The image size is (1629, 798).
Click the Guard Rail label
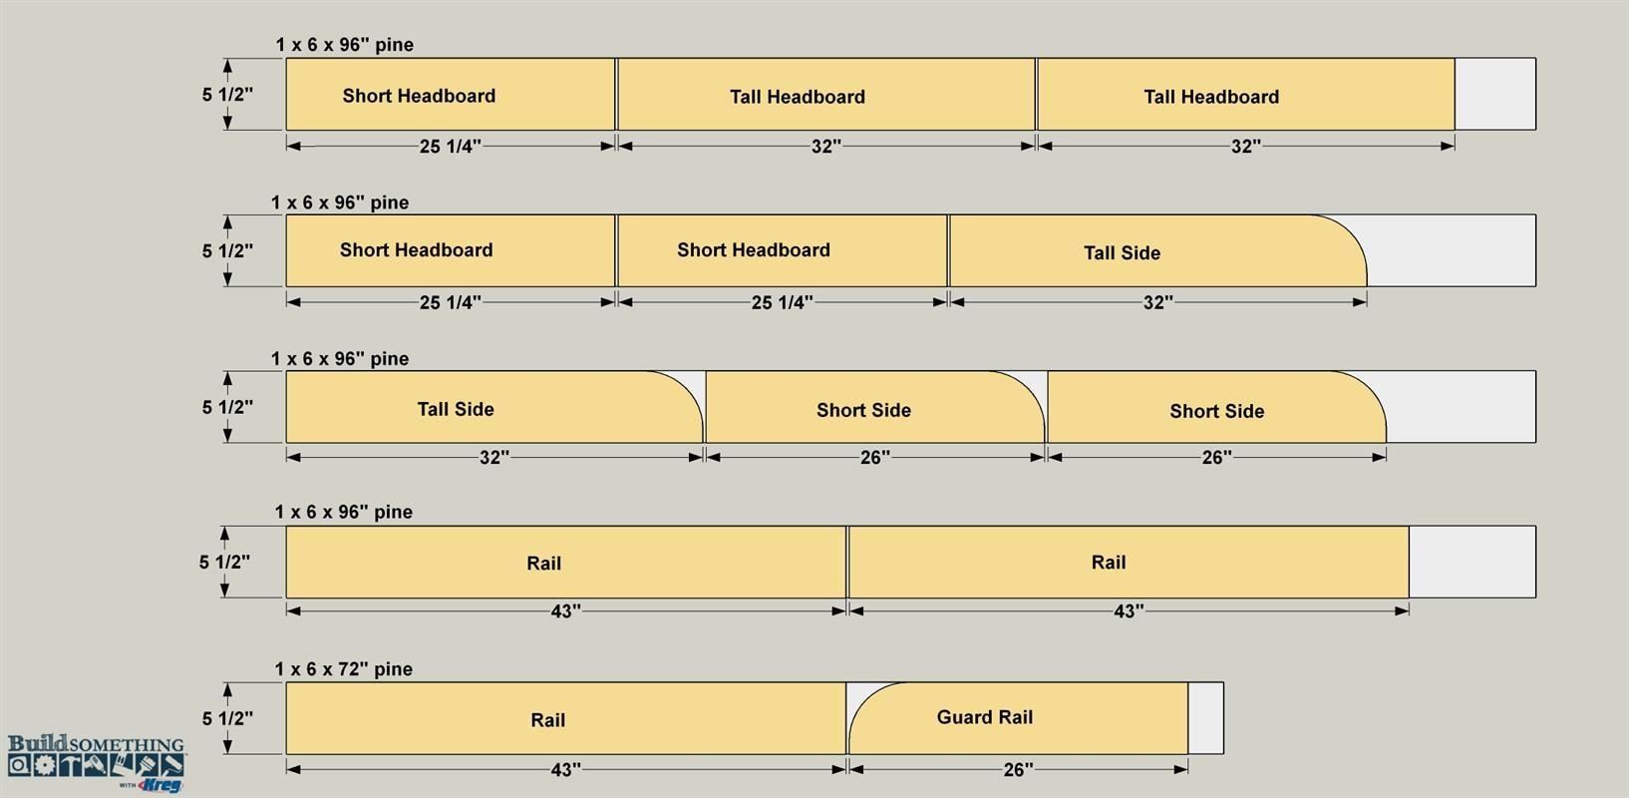(x=985, y=717)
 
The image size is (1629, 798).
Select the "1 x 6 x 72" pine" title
(x=343, y=669)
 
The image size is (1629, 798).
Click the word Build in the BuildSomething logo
(x=37, y=743)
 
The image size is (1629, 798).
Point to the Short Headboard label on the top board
(x=419, y=96)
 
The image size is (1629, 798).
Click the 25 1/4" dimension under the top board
(x=451, y=147)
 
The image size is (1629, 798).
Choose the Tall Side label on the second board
(x=1123, y=253)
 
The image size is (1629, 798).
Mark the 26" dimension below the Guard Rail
(x=1018, y=770)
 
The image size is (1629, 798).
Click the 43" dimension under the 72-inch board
(x=566, y=770)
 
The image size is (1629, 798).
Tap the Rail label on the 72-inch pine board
(x=547, y=720)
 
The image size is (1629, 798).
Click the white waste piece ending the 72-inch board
(x=1205, y=718)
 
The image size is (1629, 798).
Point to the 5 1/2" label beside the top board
(x=227, y=95)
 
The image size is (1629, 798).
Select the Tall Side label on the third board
(x=456, y=410)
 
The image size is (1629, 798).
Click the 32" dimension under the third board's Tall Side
(x=494, y=458)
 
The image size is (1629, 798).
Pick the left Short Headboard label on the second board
(x=416, y=250)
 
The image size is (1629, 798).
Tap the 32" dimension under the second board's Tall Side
(x=1158, y=302)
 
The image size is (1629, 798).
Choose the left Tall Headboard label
(x=798, y=97)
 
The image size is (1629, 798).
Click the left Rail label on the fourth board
(x=544, y=563)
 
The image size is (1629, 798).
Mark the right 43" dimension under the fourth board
(x=1129, y=611)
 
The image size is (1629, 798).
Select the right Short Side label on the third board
(x=1216, y=412)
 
